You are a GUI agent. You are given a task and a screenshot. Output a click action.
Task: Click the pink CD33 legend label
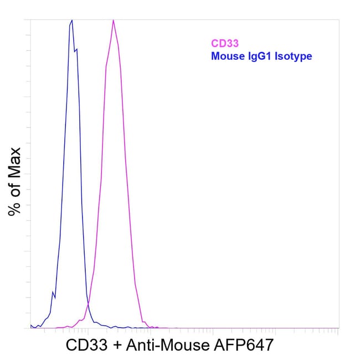point(225,43)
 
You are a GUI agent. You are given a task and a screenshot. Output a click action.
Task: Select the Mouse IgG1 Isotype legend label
point(261,56)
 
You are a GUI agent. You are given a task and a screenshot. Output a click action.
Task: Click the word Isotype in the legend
point(294,56)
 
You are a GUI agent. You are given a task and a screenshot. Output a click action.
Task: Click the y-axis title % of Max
point(15,182)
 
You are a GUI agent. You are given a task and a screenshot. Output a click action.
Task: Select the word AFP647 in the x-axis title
point(244,345)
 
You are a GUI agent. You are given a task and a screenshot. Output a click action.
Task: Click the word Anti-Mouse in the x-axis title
point(168,345)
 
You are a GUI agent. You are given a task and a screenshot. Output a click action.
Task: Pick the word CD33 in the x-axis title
point(87,345)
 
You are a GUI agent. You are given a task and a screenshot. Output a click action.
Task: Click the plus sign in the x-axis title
point(117,346)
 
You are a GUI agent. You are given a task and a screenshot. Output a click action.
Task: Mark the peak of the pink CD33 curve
point(113,20)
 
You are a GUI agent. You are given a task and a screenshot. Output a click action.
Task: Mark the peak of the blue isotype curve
point(72,20)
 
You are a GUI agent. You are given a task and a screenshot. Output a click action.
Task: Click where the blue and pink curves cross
point(88,304)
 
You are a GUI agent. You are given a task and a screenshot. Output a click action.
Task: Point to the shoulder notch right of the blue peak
point(75,51)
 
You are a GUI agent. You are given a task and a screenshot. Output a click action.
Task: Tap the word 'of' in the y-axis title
point(15,190)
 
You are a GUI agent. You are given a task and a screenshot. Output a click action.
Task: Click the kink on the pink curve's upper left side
point(106,66)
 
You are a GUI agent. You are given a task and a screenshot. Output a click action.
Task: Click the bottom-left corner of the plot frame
point(30,328)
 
